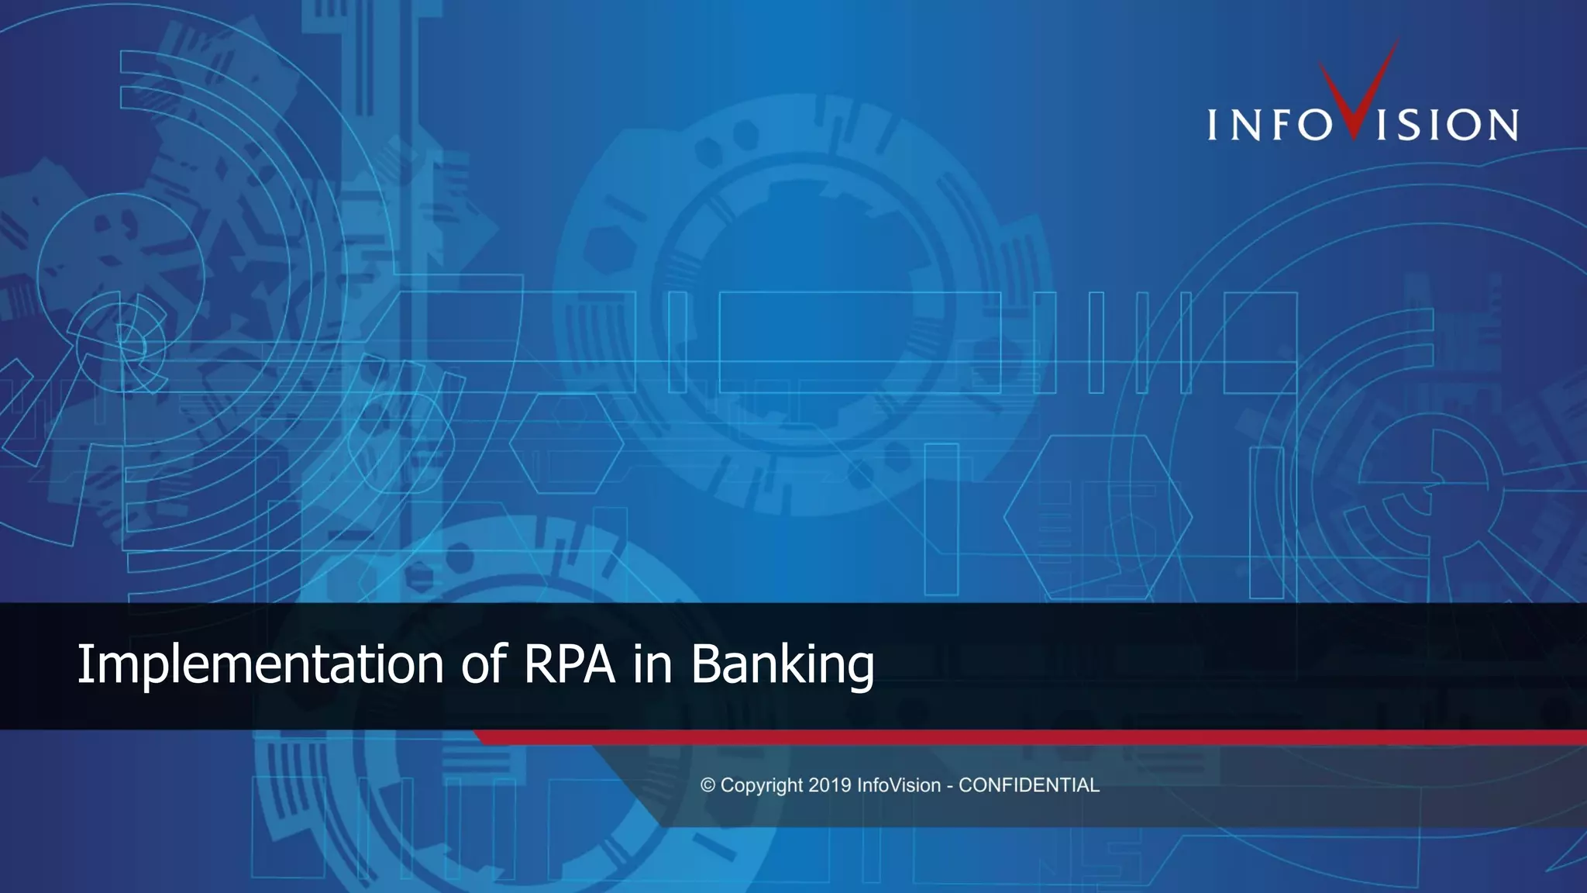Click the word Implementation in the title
pos(260,664)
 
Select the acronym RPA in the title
pos(570,664)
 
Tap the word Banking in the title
pos(782,664)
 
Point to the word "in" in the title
pos(652,664)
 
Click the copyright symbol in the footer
pos(707,785)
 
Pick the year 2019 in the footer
pos(830,785)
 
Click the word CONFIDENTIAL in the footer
pos(1029,785)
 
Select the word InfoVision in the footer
pos(898,785)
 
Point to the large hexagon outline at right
pos(1098,517)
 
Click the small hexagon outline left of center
pos(566,443)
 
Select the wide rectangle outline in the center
pos(860,342)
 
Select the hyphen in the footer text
pos(950,786)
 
